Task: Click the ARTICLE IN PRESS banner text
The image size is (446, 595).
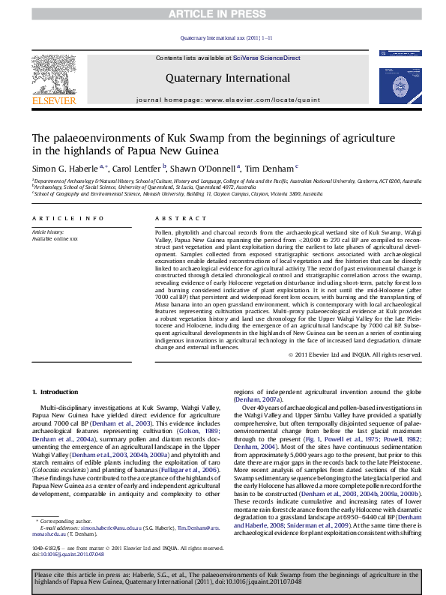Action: [223, 13]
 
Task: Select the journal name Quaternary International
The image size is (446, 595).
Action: [223, 77]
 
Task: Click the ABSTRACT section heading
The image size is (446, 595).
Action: [171, 218]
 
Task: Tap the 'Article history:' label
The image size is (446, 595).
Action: [46, 232]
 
